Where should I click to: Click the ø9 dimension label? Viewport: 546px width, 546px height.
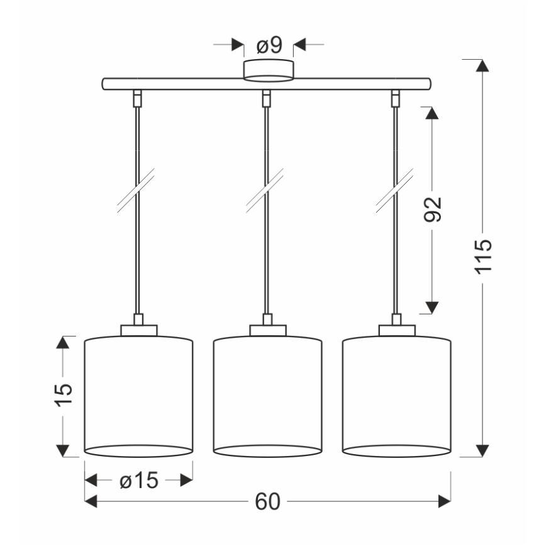coord(269,45)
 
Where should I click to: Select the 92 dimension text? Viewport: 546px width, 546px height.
coord(433,209)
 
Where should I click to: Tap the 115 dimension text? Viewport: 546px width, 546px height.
coord(482,256)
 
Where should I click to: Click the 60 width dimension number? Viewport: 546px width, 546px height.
coord(268,501)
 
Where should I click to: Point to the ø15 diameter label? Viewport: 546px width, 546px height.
coord(138,481)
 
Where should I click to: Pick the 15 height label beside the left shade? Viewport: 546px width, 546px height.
coord(63,396)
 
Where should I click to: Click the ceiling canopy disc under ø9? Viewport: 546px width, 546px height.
coord(269,71)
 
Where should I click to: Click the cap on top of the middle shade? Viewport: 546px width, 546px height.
coord(268,330)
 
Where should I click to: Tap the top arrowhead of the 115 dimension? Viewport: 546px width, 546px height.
coord(482,67)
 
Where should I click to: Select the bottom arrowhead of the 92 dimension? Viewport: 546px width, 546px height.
coord(432,306)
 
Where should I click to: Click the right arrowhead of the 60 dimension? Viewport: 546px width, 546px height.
coord(444,501)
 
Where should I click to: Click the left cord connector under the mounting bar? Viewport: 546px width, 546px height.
coord(136,97)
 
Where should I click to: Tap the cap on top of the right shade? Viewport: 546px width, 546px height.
coord(397,330)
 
